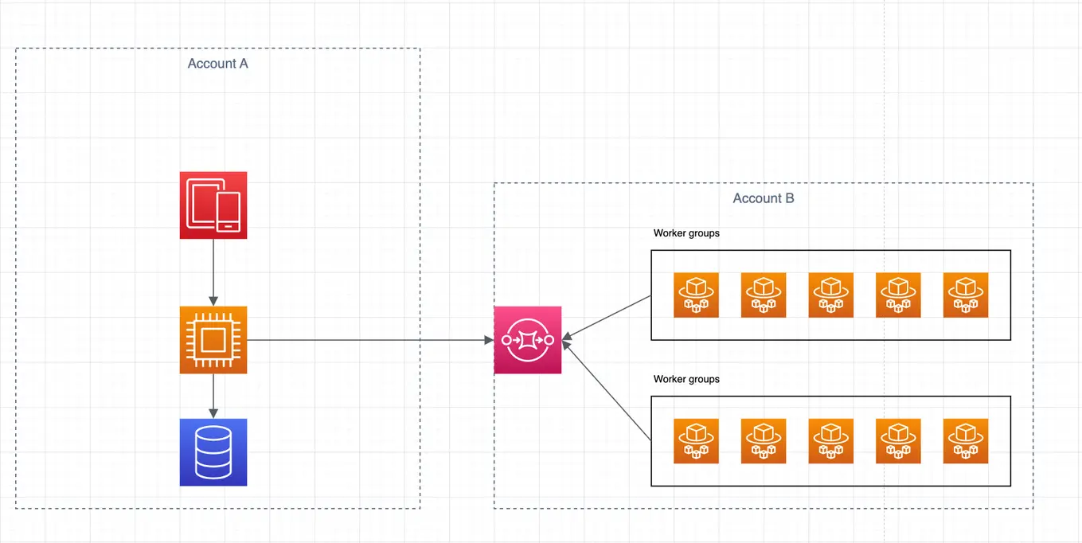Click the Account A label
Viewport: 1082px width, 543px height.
pos(217,64)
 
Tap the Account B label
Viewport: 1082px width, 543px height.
pos(763,198)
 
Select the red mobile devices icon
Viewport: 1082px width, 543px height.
pos(213,205)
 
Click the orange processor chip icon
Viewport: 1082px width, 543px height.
pos(213,340)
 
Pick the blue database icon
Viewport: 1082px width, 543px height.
pos(213,452)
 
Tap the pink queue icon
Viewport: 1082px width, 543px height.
pos(527,340)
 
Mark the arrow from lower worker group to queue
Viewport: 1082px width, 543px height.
pos(607,390)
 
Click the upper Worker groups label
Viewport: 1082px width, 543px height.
pos(686,233)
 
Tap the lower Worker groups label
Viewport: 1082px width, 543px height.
pos(686,379)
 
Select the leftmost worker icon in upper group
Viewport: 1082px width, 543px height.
pos(696,295)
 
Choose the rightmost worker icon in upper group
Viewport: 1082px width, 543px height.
pos(965,295)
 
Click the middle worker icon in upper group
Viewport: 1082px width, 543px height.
pos(830,295)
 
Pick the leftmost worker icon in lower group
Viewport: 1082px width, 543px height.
pos(696,441)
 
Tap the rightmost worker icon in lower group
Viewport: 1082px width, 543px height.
pos(965,441)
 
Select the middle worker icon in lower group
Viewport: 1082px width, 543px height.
pos(830,441)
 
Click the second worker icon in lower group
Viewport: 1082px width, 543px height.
pos(764,441)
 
